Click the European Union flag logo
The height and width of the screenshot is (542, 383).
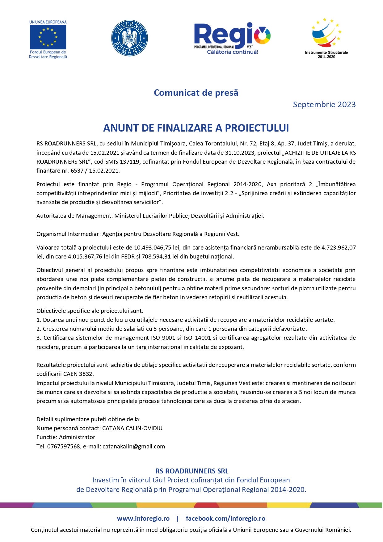(x=48, y=37)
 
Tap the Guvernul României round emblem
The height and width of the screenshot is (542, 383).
(x=129, y=38)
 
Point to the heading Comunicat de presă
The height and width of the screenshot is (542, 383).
(x=196, y=93)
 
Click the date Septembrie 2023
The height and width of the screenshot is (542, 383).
(x=324, y=105)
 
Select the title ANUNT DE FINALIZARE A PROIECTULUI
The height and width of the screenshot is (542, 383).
(x=196, y=128)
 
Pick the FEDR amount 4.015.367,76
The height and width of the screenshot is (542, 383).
(x=85, y=257)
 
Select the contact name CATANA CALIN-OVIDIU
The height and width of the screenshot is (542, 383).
(x=132, y=428)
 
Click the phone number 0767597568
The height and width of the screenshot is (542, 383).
(x=63, y=447)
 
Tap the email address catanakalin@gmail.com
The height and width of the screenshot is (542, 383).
(x=134, y=447)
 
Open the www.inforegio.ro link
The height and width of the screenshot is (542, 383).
(x=143, y=519)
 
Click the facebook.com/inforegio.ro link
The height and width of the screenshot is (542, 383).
(x=225, y=519)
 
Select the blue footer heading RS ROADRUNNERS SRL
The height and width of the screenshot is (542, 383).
(x=192, y=471)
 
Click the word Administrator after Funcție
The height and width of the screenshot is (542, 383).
(x=77, y=437)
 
